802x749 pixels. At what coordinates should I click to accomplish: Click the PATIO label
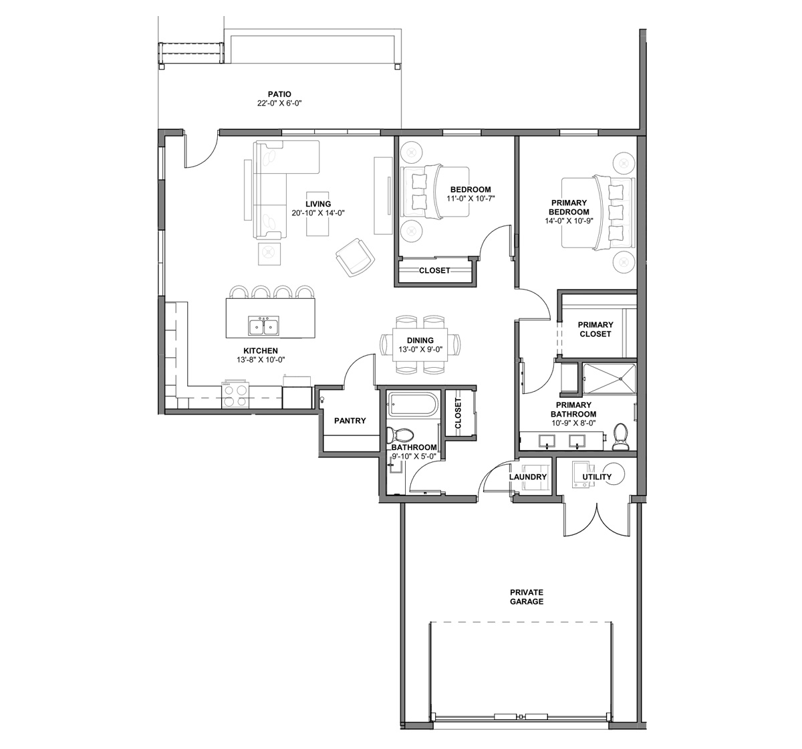coord(279,94)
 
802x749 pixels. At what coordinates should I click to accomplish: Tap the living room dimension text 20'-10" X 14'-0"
coord(318,213)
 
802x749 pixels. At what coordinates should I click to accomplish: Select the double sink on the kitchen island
coord(263,326)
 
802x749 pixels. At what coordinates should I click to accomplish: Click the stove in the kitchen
coord(235,394)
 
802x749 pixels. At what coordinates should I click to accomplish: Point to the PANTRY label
coord(350,421)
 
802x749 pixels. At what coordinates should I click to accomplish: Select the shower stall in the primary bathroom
coord(609,379)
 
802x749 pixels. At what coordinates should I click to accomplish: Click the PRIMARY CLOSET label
coord(595,329)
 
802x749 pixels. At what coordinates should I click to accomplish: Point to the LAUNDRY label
coord(528,477)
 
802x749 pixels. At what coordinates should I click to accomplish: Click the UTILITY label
coord(597,477)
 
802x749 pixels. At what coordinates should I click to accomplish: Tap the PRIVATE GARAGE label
coord(527,597)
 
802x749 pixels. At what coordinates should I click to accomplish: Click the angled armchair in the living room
coord(355,257)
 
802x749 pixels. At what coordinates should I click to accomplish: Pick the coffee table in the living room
coord(317,213)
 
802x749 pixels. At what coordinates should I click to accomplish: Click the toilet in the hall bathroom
coord(400,435)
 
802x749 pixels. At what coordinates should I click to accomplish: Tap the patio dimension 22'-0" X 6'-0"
coord(279,104)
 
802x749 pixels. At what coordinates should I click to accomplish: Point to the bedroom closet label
coord(434,270)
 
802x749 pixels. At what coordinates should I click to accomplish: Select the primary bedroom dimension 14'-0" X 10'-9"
coord(569,221)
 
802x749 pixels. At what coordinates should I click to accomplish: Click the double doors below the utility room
coord(597,520)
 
